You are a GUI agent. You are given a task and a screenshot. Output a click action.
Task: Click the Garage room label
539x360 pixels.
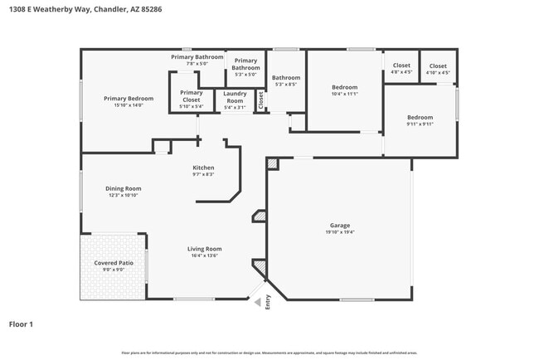[340, 225]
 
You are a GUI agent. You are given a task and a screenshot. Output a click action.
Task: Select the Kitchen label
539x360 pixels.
[203, 167]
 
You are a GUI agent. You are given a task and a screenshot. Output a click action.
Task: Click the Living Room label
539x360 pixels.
[203, 248]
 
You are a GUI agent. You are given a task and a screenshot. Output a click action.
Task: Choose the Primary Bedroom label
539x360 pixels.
[123, 99]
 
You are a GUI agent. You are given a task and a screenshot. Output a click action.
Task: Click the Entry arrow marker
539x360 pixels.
[258, 302]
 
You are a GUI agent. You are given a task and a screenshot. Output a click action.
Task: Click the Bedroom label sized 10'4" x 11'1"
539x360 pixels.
[344, 87]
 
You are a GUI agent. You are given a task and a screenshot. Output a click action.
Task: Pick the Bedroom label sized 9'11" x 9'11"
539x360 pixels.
[419, 118]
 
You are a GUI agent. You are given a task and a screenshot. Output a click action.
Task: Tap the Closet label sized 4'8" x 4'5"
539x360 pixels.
[401, 66]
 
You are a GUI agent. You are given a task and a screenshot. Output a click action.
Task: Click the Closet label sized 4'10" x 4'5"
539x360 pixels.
[437, 66]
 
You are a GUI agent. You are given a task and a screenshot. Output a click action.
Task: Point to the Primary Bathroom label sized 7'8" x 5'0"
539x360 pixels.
[197, 57]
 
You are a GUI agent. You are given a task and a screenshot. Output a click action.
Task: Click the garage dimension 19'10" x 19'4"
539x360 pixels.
[340, 232]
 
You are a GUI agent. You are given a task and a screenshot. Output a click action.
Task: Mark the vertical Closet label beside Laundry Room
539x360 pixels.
[260, 100]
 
